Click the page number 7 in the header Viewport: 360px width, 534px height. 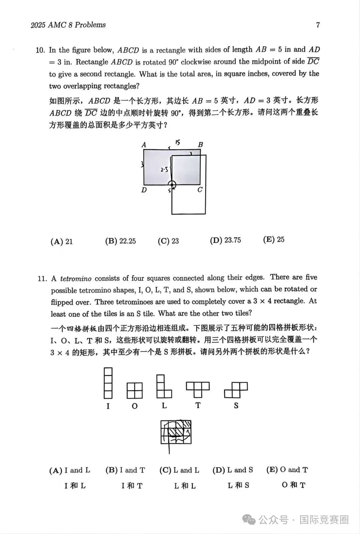pyautogui.click(x=318, y=25)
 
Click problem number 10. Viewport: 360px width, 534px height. pyautogui.click(x=40, y=50)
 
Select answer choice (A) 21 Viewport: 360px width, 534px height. pyautogui.click(x=61, y=241)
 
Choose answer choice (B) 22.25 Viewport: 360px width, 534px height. pyautogui.click(x=120, y=241)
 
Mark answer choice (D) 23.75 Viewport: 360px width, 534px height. pyautogui.click(x=225, y=240)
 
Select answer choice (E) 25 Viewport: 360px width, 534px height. pyautogui.click(x=274, y=240)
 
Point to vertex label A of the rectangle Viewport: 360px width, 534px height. pyautogui.click(x=144, y=145)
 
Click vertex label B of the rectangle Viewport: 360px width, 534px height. pyautogui.click(x=200, y=145)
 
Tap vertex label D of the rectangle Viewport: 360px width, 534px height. pyautogui.click(x=144, y=190)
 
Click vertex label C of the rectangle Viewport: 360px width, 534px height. pyautogui.click(x=200, y=190)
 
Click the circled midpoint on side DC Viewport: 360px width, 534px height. pyautogui.click(x=172, y=185)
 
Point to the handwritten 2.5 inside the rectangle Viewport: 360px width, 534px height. pyautogui.click(x=164, y=170)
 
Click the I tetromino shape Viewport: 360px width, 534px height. pyautogui.click(x=108, y=383)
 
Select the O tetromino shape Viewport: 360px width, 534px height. pyautogui.click(x=135, y=390)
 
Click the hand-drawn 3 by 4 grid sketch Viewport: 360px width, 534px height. pyautogui.click(x=176, y=432)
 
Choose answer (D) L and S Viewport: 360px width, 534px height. pyautogui.click(x=233, y=470)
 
